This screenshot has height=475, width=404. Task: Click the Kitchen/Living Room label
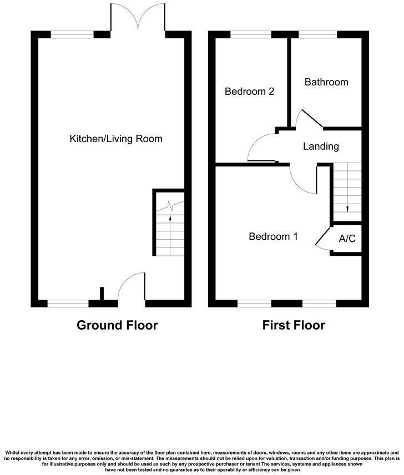coord(115,138)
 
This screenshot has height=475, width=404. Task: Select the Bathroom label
coord(326,82)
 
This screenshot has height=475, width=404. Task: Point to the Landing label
coord(321,146)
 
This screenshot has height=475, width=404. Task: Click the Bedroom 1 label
coord(273,236)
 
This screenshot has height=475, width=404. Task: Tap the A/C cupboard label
coord(347,239)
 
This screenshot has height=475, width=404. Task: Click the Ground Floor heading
coord(117,325)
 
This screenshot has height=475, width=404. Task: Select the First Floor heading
coord(294,325)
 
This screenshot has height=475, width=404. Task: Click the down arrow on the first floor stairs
coord(347,209)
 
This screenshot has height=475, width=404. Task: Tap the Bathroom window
coord(317,34)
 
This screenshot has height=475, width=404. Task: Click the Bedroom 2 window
coord(251,34)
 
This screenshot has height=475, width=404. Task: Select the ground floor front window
coord(68,304)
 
